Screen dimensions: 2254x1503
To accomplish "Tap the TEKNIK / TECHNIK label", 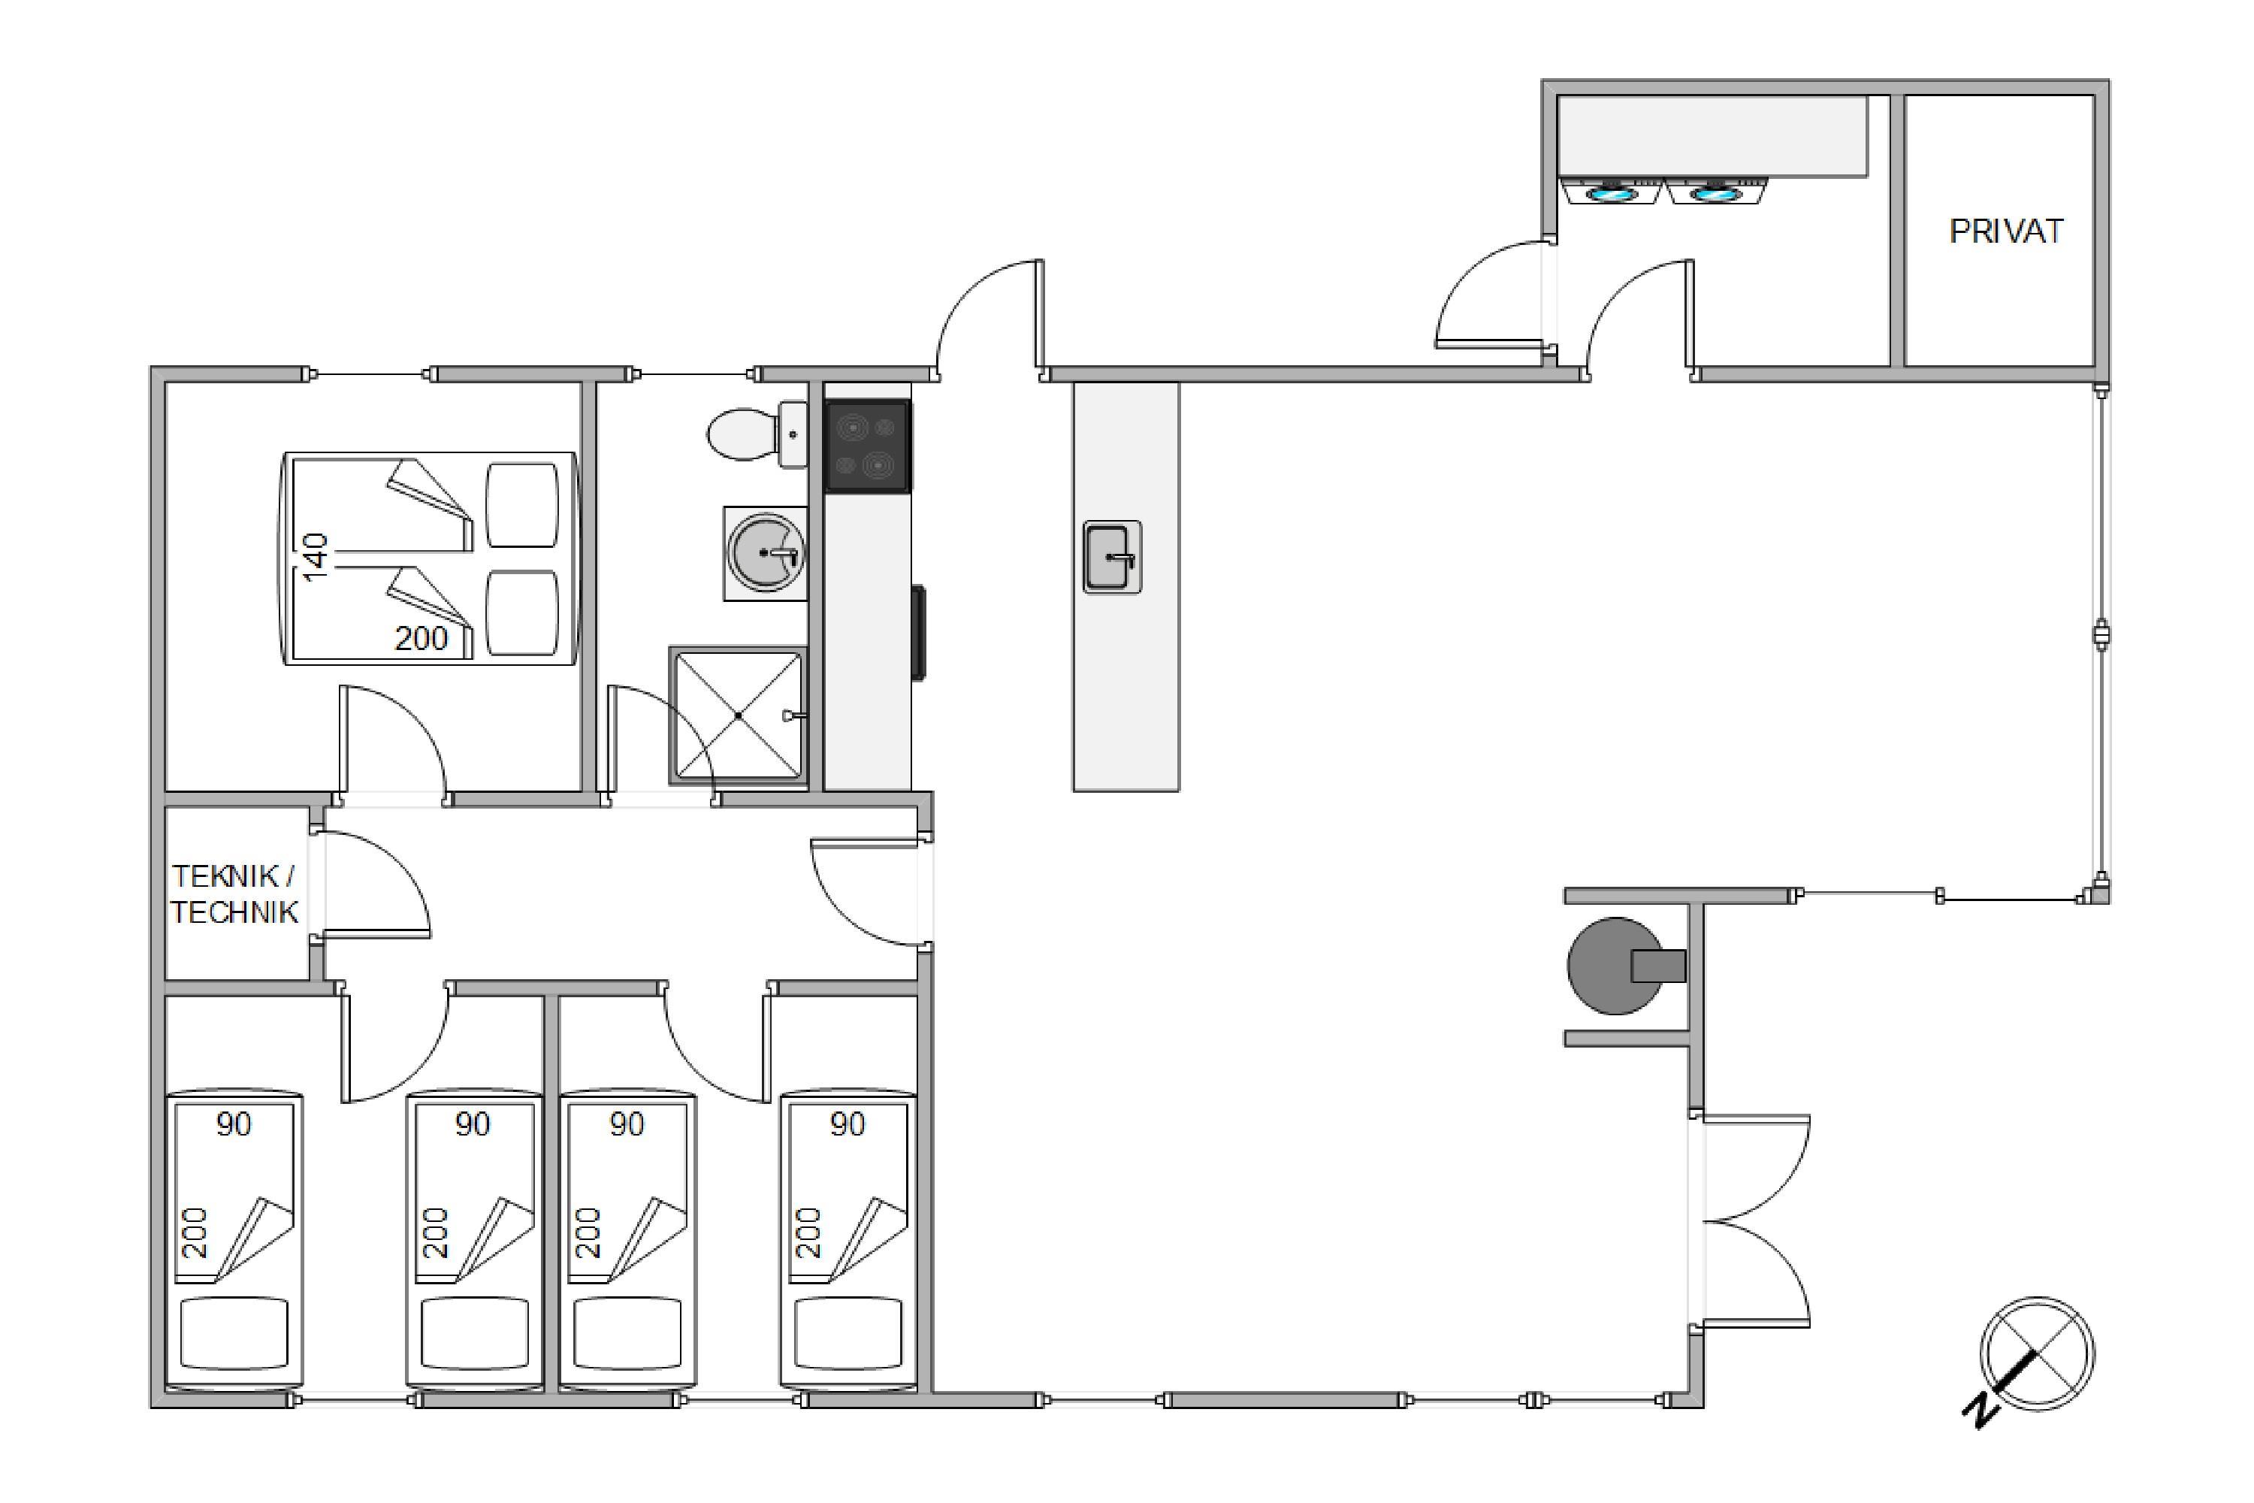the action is coord(234,894).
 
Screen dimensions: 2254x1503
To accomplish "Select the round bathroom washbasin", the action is coord(765,553).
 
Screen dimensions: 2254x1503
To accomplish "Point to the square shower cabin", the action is coord(738,715).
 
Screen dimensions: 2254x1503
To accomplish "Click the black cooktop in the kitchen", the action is coord(867,446).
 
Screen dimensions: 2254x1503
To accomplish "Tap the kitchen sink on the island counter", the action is coord(1112,557).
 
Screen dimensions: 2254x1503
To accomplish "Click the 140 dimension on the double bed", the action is coord(316,557).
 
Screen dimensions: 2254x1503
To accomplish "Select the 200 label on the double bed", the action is coord(421,638).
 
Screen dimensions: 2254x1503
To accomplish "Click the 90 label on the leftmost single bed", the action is coord(233,1123).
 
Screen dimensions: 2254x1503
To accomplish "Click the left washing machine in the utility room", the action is coord(1611,192).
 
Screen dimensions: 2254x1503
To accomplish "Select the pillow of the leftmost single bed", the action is coord(234,1333).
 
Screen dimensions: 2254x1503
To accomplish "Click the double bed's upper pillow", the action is coord(522,505).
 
